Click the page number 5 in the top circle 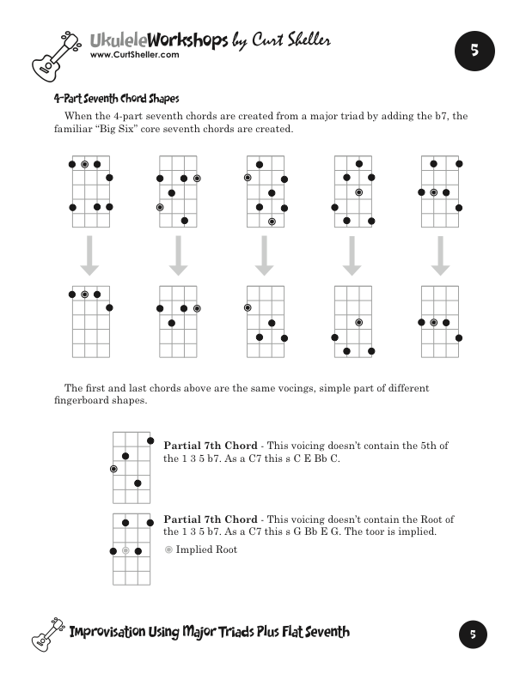pyautogui.click(x=474, y=51)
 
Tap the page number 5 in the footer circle pyautogui.click(x=473, y=634)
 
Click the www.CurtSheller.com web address pyautogui.click(x=134, y=54)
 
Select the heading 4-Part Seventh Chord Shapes pyautogui.click(x=116, y=98)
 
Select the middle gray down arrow pyautogui.click(x=265, y=256)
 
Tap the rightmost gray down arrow pyautogui.click(x=440, y=256)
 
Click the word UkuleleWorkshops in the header pyautogui.click(x=159, y=39)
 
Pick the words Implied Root pyautogui.click(x=206, y=549)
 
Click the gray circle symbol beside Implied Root pyautogui.click(x=168, y=549)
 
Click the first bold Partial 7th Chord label pyautogui.click(x=211, y=446)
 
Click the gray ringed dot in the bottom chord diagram pyautogui.click(x=125, y=549)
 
